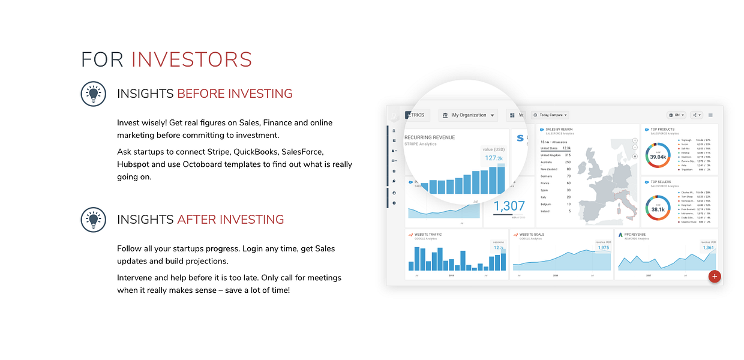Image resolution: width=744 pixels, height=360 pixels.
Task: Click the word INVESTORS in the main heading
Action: click(191, 59)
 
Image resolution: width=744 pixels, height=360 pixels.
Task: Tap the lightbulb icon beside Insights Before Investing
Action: click(93, 94)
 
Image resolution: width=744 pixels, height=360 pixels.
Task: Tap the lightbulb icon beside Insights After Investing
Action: click(93, 220)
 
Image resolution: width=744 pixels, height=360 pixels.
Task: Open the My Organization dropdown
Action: click(469, 115)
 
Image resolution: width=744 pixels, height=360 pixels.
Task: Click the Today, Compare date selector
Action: click(550, 115)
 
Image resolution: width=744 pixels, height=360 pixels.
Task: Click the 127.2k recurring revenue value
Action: click(494, 158)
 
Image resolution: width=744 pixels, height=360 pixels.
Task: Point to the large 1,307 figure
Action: click(509, 206)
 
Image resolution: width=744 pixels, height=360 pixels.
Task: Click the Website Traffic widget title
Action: click(428, 235)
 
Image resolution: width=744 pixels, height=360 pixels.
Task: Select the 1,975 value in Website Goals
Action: click(603, 248)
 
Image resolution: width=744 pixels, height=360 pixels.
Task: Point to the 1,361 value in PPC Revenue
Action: click(708, 248)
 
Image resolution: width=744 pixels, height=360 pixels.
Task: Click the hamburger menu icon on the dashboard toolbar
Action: click(710, 115)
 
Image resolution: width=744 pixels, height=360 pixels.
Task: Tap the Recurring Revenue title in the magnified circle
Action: click(430, 137)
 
